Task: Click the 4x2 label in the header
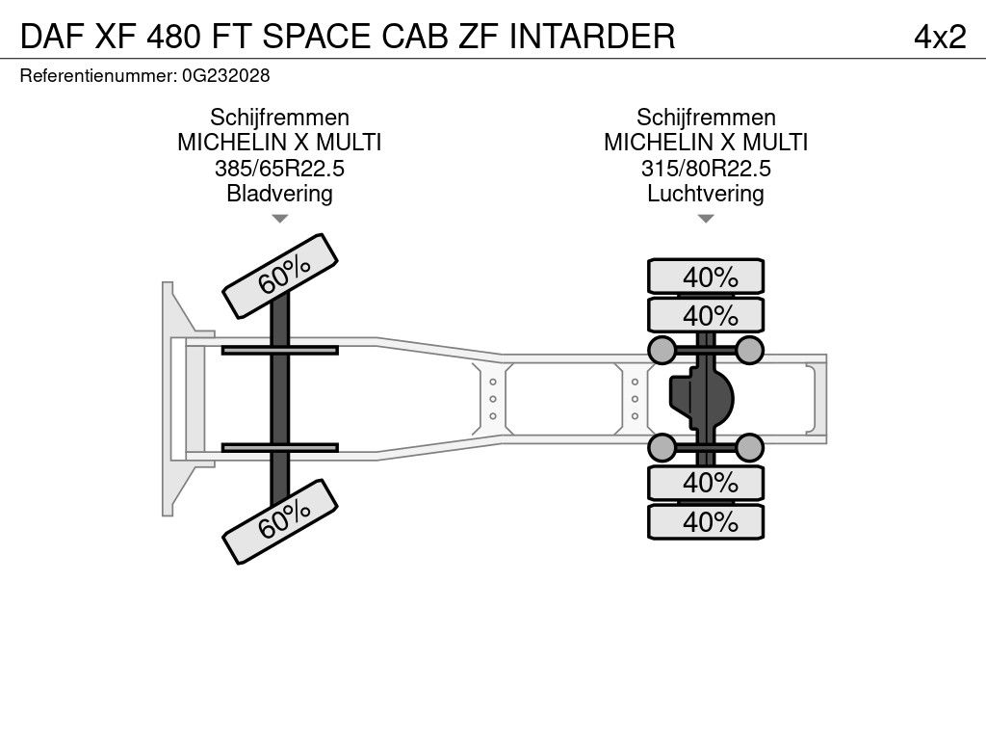point(940,37)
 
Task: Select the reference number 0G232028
point(225,76)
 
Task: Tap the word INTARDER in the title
point(592,37)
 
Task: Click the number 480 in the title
point(174,37)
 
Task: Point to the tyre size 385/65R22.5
point(279,169)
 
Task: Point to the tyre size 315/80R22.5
point(706,169)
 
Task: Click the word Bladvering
point(279,193)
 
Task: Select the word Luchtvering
point(706,193)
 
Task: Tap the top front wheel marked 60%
point(280,277)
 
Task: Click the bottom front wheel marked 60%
point(280,521)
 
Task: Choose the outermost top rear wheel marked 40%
point(706,277)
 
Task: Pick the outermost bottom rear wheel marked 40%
point(706,521)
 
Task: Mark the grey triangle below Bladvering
point(279,219)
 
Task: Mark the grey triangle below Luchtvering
point(706,219)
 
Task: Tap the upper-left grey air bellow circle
point(662,350)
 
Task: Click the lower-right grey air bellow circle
point(749,448)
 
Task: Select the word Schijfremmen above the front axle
point(279,118)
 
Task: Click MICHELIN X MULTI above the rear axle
point(706,143)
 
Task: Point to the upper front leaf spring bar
point(280,350)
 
